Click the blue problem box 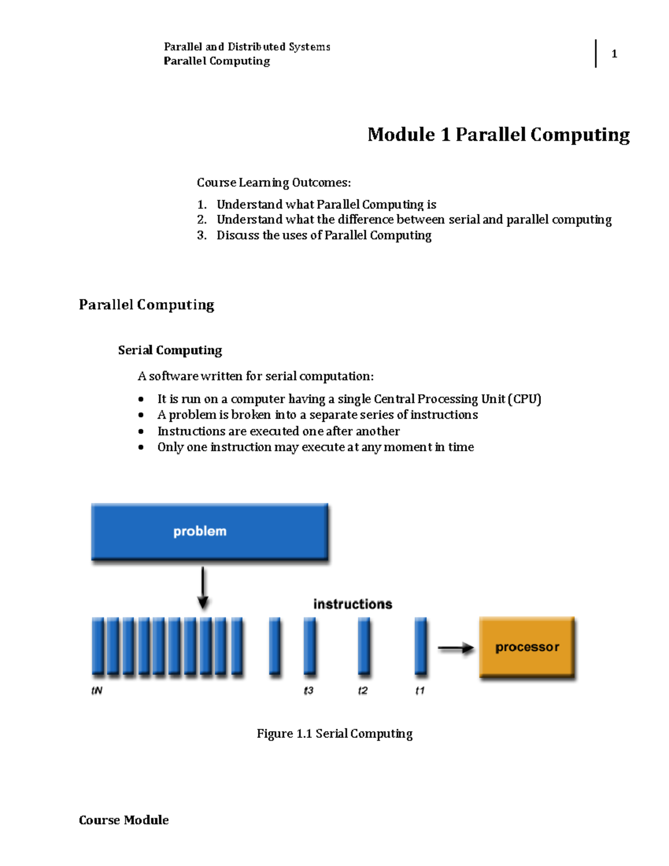pyautogui.click(x=210, y=531)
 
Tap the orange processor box pyautogui.click(x=527, y=646)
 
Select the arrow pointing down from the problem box pyautogui.click(x=203, y=588)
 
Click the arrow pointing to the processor pyautogui.click(x=456, y=648)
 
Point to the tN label pyautogui.click(x=97, y=690)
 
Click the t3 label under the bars pyautogui.click(x=308, y=690)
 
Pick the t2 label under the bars pyautogui.click(x=362, y=690)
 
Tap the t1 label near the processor pyautogui.click(x=420, y=690)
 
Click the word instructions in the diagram pyautogui.click(x=353, y=604)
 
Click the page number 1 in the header pyautogui.click(x=614, y=54)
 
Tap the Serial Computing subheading pyautogui.click(x=169, y=350)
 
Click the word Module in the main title pyautogui.click(x=401, y=134)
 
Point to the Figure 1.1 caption pyautogui.click(x=334, y=734)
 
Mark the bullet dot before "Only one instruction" pyautogui.click(x=140, y=447)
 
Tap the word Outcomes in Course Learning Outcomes pyautogui.click(x=322, y=182)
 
